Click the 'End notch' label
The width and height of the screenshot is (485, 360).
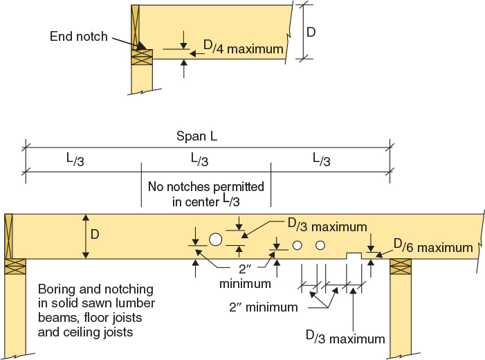[x=78, y=35]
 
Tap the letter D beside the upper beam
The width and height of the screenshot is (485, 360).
[x=312, y=32]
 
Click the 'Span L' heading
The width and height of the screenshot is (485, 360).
[x=196, y=136]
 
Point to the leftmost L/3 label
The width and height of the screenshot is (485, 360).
[x=78, y=159]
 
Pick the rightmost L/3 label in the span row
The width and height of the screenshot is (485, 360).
[x=321, y=159]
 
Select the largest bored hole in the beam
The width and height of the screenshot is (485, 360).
[x=215, y=240]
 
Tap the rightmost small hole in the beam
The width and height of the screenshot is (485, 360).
[x=320, y=245]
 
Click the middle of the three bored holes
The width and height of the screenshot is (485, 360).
[x=298, y=245]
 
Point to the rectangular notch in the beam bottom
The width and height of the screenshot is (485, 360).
[x=354, y=256]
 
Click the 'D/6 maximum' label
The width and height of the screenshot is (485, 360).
[x=433, y=246]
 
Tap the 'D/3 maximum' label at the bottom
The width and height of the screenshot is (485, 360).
[x=345, y=337]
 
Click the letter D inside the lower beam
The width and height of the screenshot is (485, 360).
[x=95, y=235]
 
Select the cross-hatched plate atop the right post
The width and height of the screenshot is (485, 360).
[x=400, y=267]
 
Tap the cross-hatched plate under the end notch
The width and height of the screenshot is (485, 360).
[x=141, y=57]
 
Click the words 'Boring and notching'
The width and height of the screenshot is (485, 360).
[x=96, y=289]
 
